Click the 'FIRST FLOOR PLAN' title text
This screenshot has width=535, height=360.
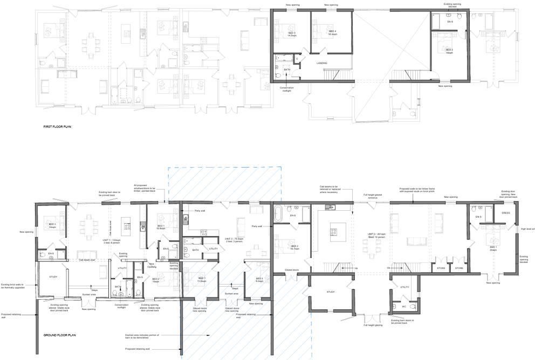57,127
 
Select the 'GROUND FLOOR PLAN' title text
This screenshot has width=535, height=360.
60,335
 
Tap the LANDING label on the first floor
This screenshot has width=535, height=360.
323,63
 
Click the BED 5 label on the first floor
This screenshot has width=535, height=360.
449,51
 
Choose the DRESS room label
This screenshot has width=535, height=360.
505,213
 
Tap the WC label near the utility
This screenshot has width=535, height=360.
403,307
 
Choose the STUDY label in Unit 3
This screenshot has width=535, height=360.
331,292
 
